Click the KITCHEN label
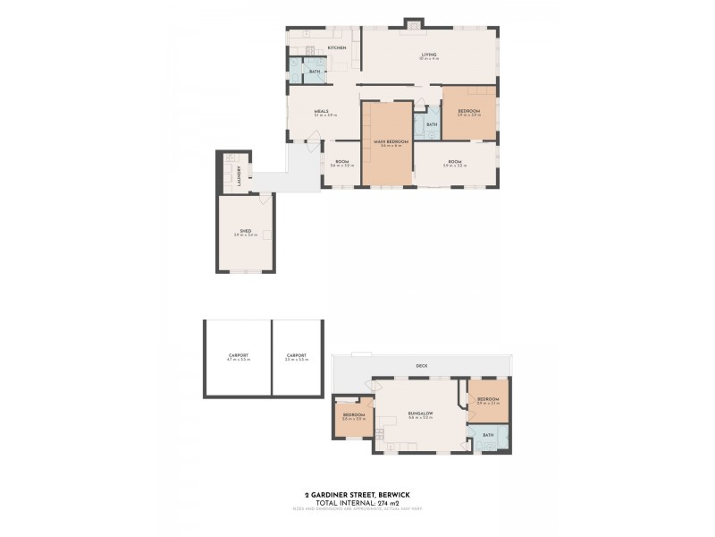pos(337,47)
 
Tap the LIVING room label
pos(429,55)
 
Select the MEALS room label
pos(321,111)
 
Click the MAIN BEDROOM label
pos(385,141)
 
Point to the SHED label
pos(245,231)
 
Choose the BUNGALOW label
pos(420,413)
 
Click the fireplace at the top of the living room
pos(414,24)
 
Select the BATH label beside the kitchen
pos(314,72)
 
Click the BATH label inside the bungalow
pos(488,435)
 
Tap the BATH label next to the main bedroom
pos(432,124)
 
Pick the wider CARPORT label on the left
pos(238,355)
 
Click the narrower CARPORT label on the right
pos(297,355)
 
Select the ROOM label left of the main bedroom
pos(341,162)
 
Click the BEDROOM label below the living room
pos(469,111)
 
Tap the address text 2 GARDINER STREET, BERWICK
pos(357,494)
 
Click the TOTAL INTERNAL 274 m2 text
pos(357,502)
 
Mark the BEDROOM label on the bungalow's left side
pos(354,415)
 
